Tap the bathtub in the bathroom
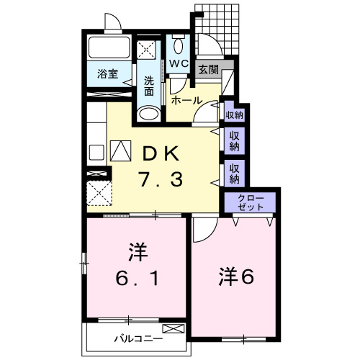(x=109, y=48)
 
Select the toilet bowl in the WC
(x=179, y=46)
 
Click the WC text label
(x=179, y=64)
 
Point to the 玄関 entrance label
(x=209, y=70)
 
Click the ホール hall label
(x=186, y=101)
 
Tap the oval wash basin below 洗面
(x=149, y=114)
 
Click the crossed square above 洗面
(x=150, y=50)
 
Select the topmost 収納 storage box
(x=234, y=114)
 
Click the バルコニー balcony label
(x=138, y=338)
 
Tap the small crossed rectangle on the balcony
(x=178, y=329)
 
